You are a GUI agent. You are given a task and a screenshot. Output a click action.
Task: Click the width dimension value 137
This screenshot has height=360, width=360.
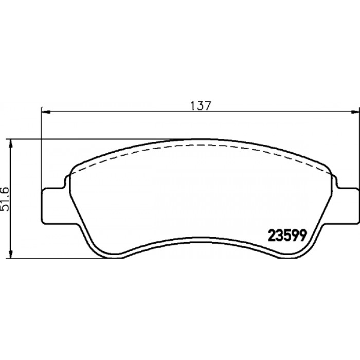point(201,105)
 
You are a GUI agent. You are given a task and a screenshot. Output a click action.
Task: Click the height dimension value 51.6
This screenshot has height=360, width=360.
point(5,199)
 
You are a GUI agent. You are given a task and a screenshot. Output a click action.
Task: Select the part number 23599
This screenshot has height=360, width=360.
point(287,236)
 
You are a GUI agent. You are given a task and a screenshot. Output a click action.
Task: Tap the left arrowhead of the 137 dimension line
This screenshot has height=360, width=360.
point(45,112)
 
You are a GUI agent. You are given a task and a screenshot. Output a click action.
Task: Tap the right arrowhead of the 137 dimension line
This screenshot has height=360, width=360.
point(356,112)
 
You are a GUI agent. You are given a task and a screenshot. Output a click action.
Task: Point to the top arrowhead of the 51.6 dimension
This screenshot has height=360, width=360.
point(10,143)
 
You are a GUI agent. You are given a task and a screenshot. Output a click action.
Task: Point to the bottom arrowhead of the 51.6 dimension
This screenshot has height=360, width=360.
point(10,254)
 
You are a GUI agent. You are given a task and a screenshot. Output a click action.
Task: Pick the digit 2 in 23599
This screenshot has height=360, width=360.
point(272,236)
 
